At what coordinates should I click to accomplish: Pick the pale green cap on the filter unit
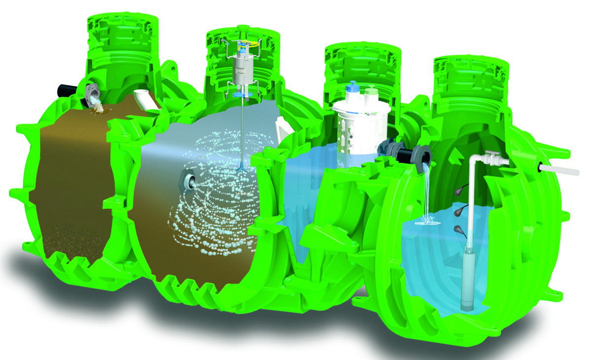pyautogui.click(x=371, y=91)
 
